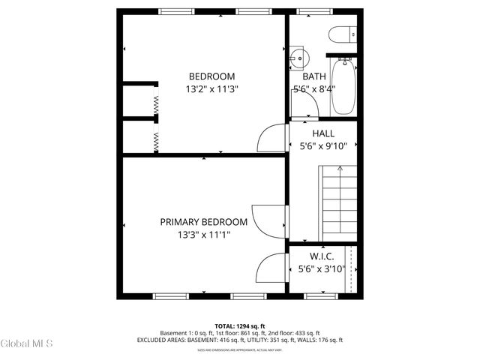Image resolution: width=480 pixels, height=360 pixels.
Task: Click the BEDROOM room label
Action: pyautogui.click(x=211, y=76)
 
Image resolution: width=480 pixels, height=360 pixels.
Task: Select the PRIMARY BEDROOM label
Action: pyautogui.click(x=203, y=222)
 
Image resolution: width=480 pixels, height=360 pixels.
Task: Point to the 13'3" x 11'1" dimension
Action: pyautogui.click(x=203, y=235)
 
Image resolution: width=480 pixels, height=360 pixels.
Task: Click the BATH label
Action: pyautogui.click(x=314, y=76)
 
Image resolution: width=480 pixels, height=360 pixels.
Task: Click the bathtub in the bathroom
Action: pyautogui.click(x=344, y=85)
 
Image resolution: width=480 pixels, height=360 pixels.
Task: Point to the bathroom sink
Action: pyautogui.click(x=297, y=55)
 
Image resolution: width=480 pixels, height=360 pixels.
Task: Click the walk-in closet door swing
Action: pyautogui.click(x=271, y=268)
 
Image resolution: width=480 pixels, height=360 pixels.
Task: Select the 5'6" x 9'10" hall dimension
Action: pyautogui.click(x=323, y=146)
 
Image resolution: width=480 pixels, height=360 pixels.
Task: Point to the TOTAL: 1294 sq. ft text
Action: pyautogui.click(x=240, y=325)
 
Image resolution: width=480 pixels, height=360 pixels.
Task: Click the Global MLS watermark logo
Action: pyautogui.click(x=27, y=344)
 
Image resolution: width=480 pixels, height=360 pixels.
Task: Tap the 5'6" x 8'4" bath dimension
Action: pyautogui.click(x=314, y=88)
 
